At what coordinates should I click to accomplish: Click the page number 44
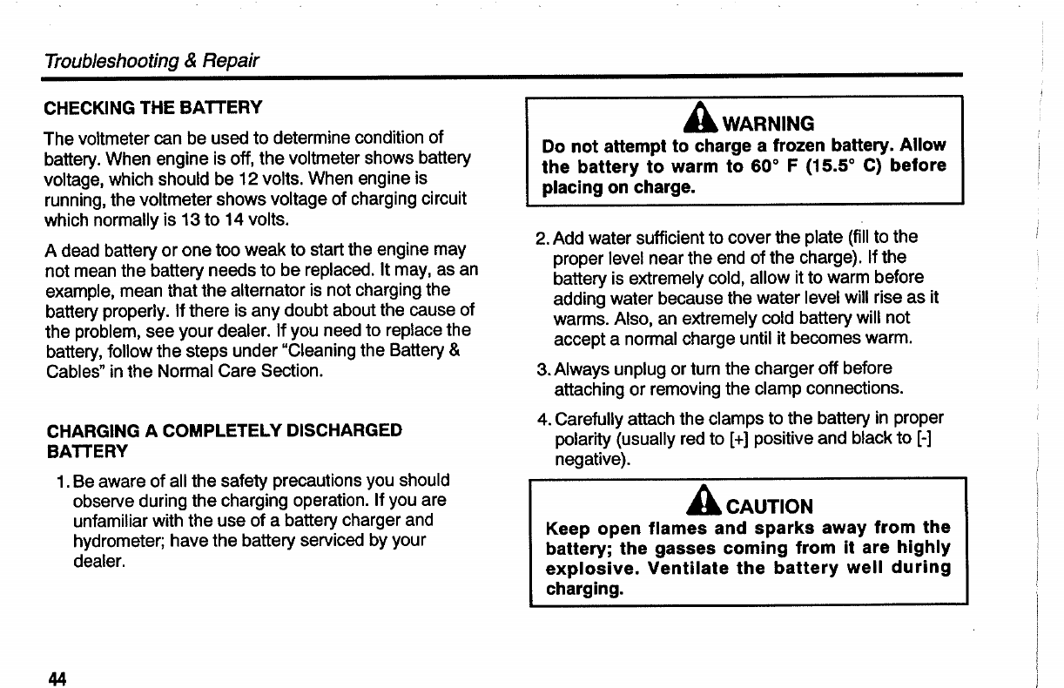57,678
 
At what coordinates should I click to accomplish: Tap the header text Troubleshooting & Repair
152,60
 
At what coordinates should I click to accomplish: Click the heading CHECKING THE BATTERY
153,108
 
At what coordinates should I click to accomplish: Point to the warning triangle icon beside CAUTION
712,504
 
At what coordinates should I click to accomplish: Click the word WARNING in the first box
769,124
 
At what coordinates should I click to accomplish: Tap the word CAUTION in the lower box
770,507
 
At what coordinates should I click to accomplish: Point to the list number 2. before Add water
542,237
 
